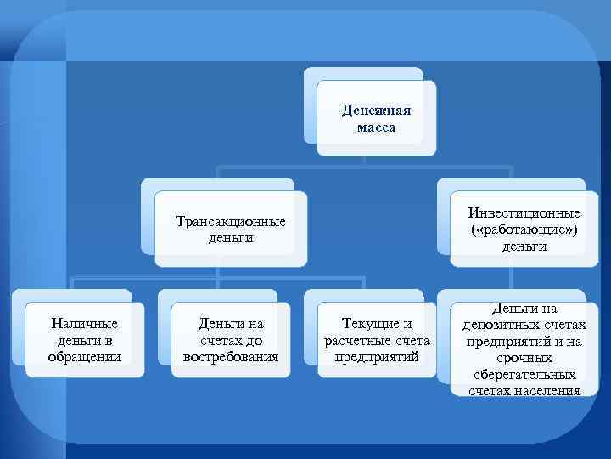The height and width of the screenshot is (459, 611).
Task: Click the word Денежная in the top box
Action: [376, 111]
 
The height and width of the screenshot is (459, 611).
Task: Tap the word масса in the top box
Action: [376, 127]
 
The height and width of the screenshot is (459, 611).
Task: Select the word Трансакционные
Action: [231, 222]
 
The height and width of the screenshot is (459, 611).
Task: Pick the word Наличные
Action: [85, 323]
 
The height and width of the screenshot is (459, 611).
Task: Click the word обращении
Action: [85, 356]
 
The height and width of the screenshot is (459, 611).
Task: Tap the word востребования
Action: [231, 356]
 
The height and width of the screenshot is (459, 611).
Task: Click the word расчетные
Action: [358, 340]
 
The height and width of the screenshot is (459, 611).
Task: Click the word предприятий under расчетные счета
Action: [377, 356]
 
